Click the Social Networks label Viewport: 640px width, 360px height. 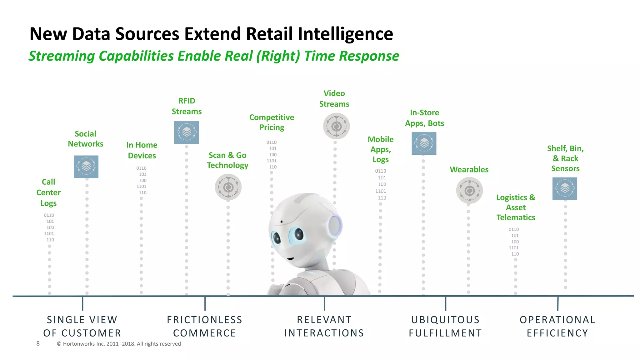pos(85,139)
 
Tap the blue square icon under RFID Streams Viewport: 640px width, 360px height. pos(187,132)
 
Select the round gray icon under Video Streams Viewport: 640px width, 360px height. pos(336,126)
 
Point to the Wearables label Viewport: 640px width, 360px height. pos(469,169)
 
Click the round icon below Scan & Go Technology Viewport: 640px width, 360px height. pos(228,187)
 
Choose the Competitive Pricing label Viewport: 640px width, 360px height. pos(272,122)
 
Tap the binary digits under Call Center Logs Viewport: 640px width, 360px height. pos(49,227)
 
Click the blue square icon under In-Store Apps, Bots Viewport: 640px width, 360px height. pos(424,143)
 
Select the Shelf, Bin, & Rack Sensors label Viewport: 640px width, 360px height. pos(565,158)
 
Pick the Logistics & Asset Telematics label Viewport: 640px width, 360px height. pos(516,207)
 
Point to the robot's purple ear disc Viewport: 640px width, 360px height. pos(335,225)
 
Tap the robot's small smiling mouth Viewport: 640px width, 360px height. pos(290,258)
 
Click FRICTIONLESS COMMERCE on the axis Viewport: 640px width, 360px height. pos(205,326)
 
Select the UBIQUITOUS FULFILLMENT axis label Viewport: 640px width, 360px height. pos(445,326)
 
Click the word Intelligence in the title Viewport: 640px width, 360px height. pos(345,34)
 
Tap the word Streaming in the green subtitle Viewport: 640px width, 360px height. pos(62,56)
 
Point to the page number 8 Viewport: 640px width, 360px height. pos(38,343)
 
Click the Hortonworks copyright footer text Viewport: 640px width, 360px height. pos(119,344)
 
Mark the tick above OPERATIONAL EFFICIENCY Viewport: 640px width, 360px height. pos(558,303)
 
